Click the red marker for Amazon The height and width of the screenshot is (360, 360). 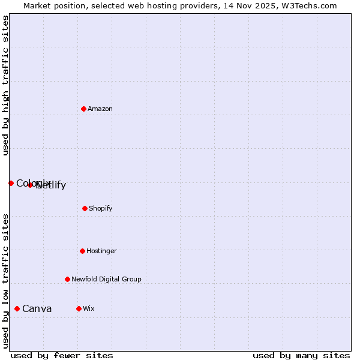point(83,109)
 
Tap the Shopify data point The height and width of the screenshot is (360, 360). point(85,208)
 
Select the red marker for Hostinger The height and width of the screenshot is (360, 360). point(82,251)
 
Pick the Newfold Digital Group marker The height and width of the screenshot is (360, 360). point(67,279)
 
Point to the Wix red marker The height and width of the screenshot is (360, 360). point(79,308)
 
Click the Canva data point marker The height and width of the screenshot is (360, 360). point(17,308)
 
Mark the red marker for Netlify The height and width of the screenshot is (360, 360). point(31,185)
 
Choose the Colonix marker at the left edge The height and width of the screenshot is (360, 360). point(11,183)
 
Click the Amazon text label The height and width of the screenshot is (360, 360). point(100,109)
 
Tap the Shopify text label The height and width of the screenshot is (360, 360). point(101,209)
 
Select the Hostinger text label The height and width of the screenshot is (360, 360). point(101,251)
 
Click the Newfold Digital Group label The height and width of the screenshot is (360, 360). point(106,280)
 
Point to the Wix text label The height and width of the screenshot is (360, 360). point(89,309)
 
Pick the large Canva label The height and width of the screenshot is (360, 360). point(37,309)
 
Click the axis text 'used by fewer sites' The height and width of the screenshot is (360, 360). point(62,355)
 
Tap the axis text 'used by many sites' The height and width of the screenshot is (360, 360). point(301,355)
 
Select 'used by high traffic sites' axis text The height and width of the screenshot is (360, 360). point(5,85)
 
